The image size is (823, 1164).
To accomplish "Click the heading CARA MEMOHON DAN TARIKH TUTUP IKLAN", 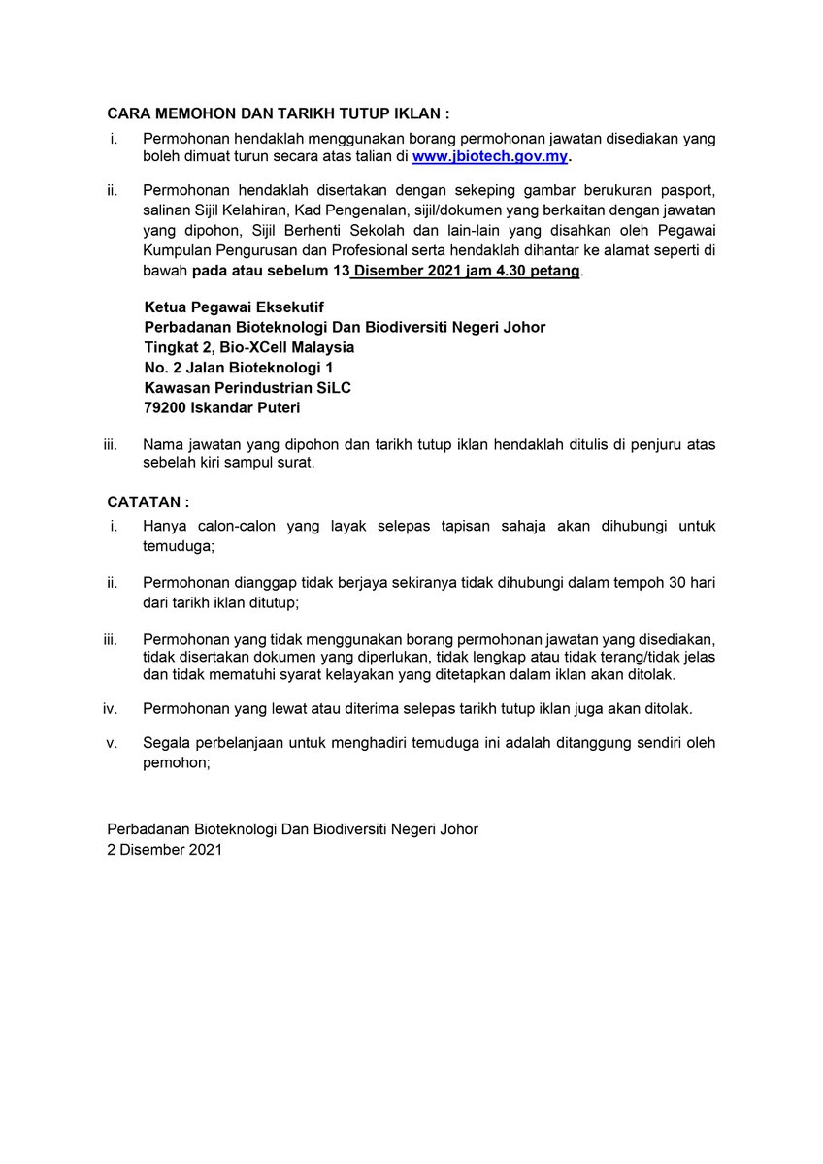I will coord(278,113).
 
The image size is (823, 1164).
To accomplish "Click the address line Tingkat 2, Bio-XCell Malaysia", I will coord(248,347).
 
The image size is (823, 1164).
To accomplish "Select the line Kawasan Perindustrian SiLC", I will coord(247,388).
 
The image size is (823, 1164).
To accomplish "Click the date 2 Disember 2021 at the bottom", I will coord(164,850).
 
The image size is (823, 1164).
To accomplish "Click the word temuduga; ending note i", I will coord(178,547).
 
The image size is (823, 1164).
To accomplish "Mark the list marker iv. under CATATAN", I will coord(110,708).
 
